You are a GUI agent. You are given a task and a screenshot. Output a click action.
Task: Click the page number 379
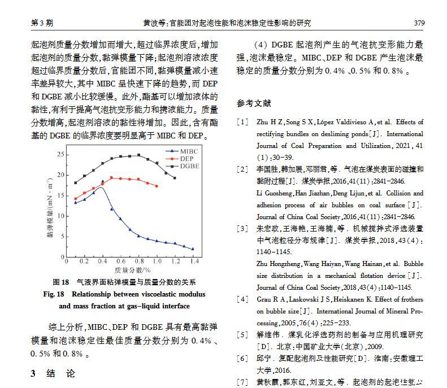[x=419, y=23]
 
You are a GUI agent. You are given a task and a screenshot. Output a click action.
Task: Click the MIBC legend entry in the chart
[x=189, y=151]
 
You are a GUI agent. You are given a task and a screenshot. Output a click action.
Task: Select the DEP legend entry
[x=187, y=159]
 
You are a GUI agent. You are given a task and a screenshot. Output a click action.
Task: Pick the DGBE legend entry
[x=189, y=166]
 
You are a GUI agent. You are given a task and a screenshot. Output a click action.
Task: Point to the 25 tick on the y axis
[x=60, y=154]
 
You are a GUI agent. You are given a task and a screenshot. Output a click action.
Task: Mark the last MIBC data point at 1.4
[x=193, y=249]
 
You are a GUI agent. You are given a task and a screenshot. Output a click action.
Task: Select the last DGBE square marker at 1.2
[x=175, y=178]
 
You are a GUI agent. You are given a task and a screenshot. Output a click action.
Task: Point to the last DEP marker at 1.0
[x=157, y=186]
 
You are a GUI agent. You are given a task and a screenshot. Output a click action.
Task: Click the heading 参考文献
[x=254, y=103]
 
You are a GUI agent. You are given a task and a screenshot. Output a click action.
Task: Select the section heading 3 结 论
[x=52, y=373]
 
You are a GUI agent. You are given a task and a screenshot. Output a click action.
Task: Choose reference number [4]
[x=242, y=299]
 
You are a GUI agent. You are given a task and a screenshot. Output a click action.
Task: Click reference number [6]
[x=242, y=358]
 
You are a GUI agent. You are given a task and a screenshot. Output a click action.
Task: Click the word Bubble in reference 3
[x=413, y=263]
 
